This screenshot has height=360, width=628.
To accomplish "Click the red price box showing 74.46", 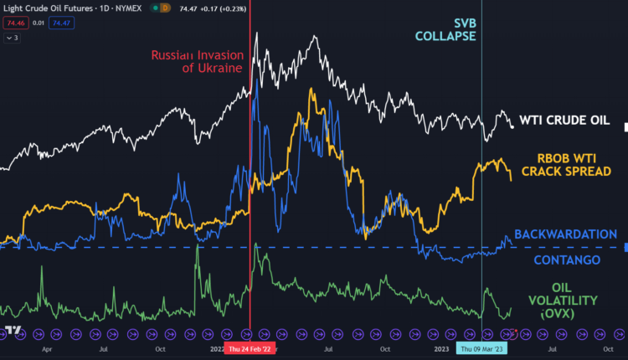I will (x=13, y=23).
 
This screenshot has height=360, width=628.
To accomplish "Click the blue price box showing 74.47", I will (x=62, y=23).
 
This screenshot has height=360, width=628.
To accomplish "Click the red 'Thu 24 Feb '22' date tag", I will (x=250, y=348).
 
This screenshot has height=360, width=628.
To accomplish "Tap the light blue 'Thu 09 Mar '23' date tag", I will (x=482, y=348).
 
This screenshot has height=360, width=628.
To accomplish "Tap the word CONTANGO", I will (x=568, y=260).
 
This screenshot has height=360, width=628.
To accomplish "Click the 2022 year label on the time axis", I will (x=215, y=348).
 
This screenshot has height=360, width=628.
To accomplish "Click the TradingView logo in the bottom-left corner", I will (x=13, y=331).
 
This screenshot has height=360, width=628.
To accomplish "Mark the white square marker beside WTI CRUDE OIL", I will (x=627, y=126).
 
